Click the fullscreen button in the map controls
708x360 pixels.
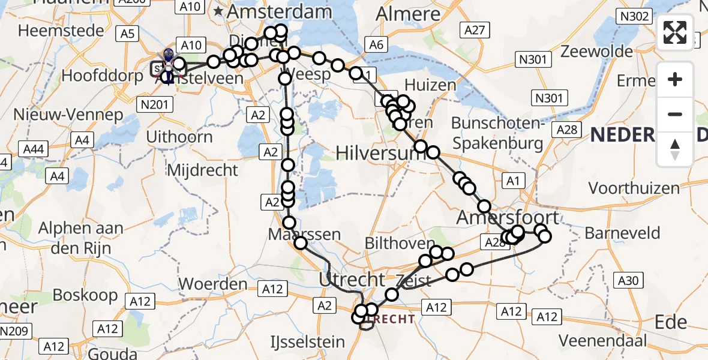pyautogui.click(x=675, y=32)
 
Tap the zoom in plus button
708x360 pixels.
pyautogui.click(x=675, y=79)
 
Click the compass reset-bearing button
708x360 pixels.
pyautogui.click(x=675, y=149)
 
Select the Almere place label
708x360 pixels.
pyautogui.click(x=413, y=14)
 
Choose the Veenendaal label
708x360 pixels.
pyautogui.click(x=604, y=341)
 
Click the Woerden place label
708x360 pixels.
pyautogui.click(x=213, y=283)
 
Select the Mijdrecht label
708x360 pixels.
pyautogui.click(x=202, y=170)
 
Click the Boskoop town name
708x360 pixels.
pyautogui.click(x=85, y=295)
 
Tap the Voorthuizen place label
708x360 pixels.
pyautogui.click(x=634, y=188)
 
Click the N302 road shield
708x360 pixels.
pyautogui.click(x=634, y=16)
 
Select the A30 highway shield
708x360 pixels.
pyautogui.click(x=628, y=280)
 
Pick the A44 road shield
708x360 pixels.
pyautogui.click(x=34, y=148)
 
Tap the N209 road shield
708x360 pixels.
pyautogui.click(x=13, y=331)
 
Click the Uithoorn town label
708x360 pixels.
pyautogui.click(x=181, y=137)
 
